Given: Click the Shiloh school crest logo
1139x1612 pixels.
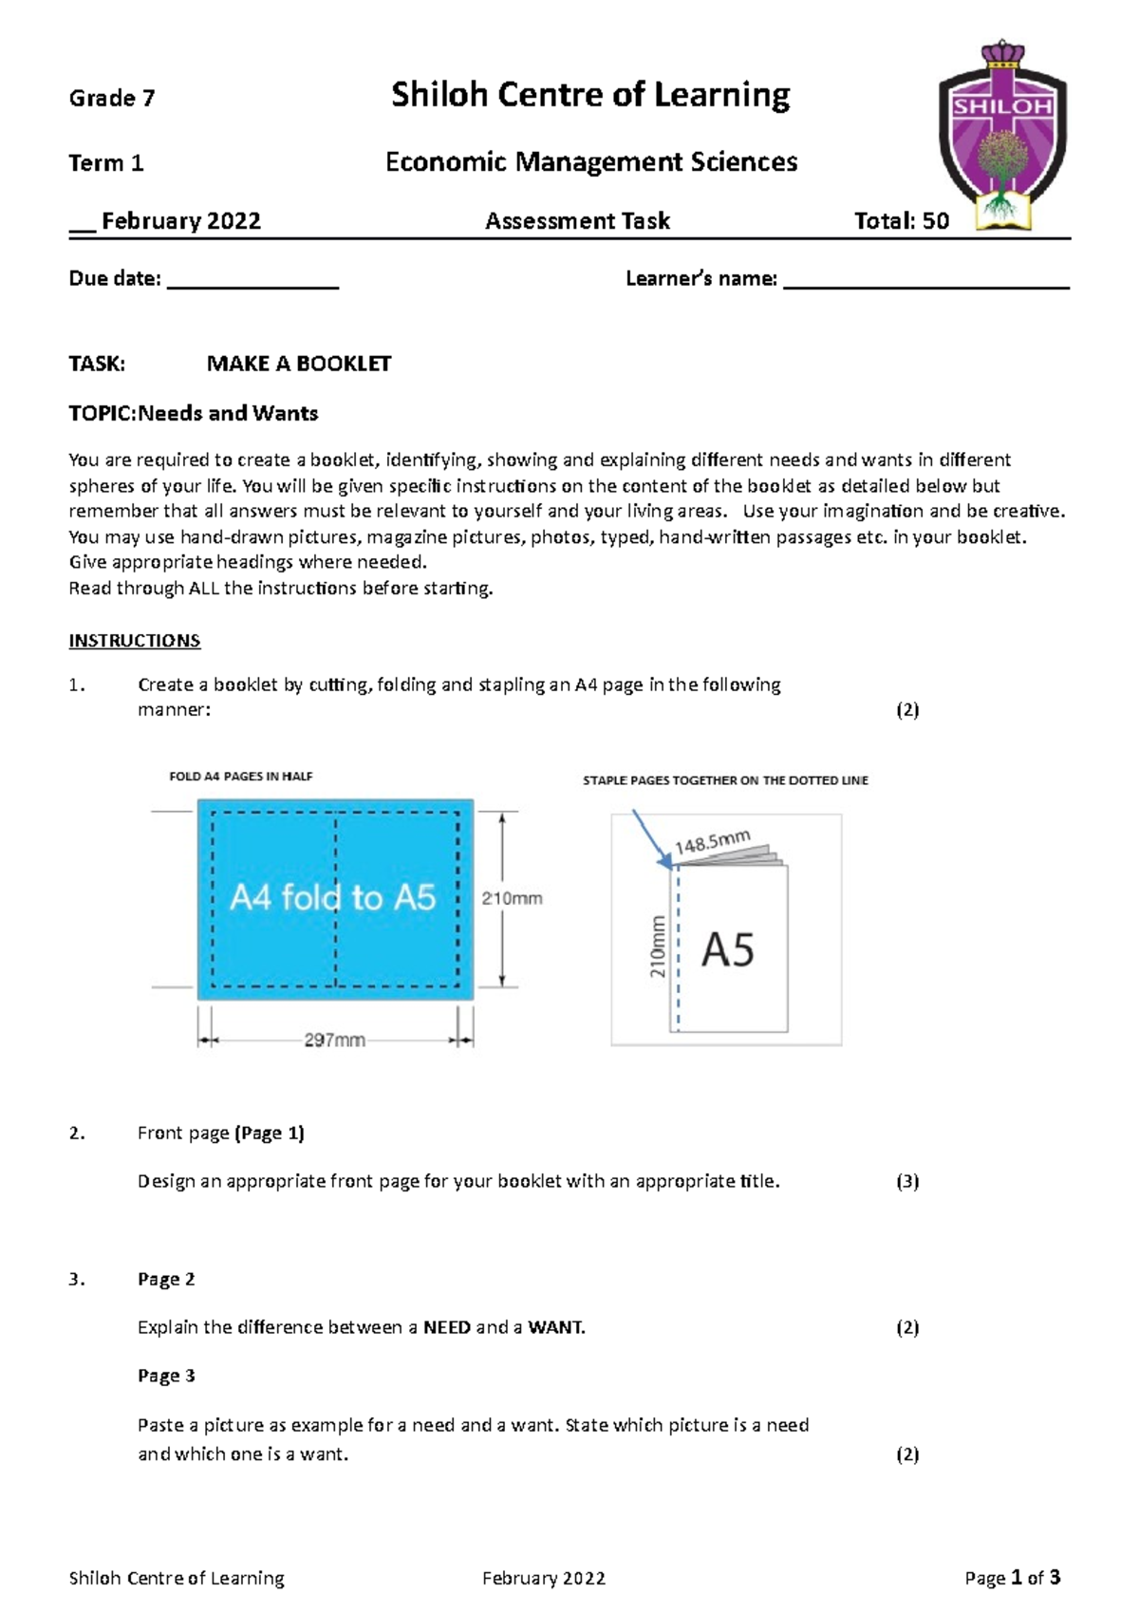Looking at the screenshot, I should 1002,135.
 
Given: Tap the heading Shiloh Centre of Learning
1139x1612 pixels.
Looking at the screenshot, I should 590,95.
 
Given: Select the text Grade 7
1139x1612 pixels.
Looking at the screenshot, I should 111,98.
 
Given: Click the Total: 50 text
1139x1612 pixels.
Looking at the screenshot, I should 901,220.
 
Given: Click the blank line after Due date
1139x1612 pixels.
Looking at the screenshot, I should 252,282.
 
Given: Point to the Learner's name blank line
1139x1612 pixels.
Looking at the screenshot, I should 925,282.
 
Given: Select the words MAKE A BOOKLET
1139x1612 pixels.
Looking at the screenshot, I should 298,364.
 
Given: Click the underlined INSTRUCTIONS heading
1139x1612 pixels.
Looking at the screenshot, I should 134,641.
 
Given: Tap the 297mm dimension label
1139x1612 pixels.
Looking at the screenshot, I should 334,1040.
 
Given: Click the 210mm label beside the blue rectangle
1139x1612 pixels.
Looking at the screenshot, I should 512,898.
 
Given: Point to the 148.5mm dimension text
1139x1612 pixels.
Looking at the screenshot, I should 712,841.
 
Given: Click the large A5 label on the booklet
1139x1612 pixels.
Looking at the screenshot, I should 727,949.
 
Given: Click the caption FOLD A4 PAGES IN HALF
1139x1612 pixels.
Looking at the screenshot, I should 240,776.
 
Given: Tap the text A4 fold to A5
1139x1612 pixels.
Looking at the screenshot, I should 333,897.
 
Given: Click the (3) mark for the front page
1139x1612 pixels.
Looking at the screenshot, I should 907,1181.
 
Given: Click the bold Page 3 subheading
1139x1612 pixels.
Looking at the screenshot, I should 166,1376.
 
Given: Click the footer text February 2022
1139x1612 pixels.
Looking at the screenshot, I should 543,1578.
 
